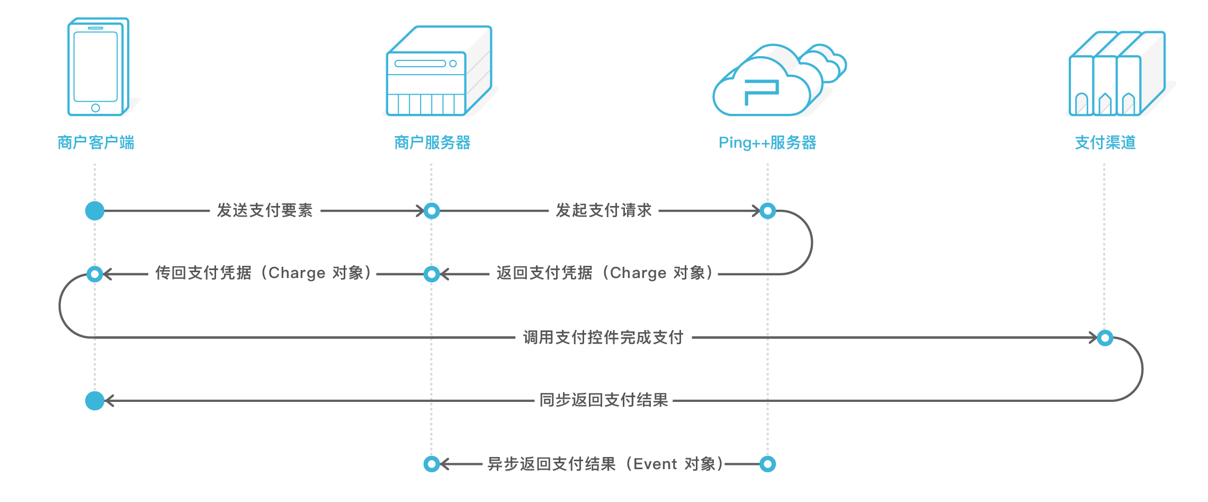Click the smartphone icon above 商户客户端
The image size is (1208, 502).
coord(97,67)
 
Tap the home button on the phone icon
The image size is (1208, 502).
coord(95,108)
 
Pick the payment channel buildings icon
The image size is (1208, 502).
coord(1116,74)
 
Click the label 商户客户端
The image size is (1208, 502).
coord(96,142)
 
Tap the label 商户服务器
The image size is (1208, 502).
coord(432,142)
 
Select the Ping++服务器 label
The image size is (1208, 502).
coord(767,142)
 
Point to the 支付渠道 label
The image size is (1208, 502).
coord(1105,142)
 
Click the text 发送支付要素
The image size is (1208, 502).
coord(265,210)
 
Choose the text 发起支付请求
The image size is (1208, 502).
coord(603,210)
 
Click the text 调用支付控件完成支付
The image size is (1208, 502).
coord(603,337)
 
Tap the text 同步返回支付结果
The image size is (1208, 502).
coord(603,400)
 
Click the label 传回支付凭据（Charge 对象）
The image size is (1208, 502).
coord(263,273)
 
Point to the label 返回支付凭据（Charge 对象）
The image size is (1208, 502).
coord(604,273)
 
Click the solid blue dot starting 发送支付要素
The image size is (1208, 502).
coord(95,211)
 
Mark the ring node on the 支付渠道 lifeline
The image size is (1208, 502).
coord(1105,337)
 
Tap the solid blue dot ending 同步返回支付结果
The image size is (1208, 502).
coord(95,401)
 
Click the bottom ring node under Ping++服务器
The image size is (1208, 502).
coord(767,464)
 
